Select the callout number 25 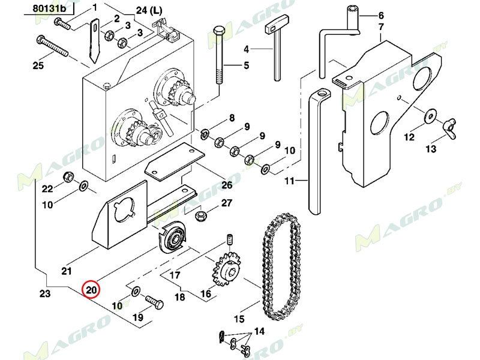click(x=38, y=66)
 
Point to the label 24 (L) click(x=149, y=11)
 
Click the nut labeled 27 click(x=202, y=214)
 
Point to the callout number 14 click(x=259, y=331)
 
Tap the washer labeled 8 click(x=205, y=132)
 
